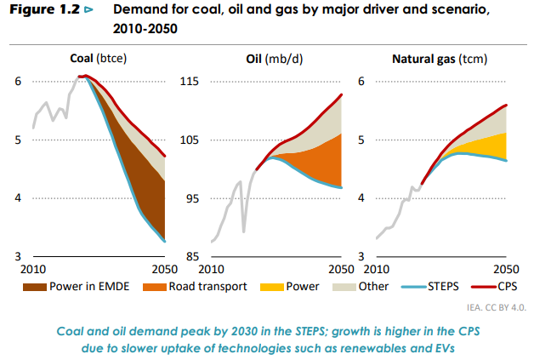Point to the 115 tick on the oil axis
[x=189, y=82]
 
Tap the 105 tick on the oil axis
[x=189, y=140]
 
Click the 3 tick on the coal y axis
[x=18, y=256]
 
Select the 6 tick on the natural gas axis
[x=361, y=82]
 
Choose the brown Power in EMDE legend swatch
[x=34, y=287]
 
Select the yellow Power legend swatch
[x=271, y=287]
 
